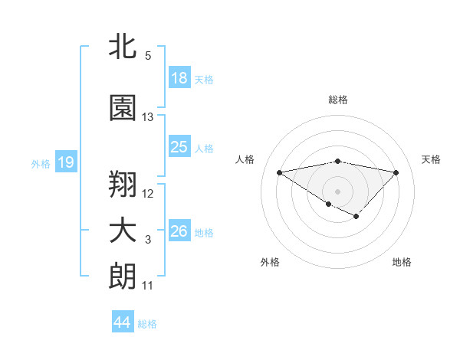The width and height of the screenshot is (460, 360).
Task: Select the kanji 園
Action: point(123,109)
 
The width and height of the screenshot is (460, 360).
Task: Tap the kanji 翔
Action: point(123,183)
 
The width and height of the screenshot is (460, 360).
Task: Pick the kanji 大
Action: point(123,231)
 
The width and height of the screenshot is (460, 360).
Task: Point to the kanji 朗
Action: point(123,276)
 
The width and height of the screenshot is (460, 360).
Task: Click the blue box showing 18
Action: point(179,78)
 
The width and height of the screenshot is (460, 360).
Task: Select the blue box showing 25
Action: point(179,147)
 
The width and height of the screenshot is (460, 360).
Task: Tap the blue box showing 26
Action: point(179,231)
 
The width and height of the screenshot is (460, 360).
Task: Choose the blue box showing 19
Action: point(65,162)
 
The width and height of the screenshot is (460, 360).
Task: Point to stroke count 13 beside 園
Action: point(148,117)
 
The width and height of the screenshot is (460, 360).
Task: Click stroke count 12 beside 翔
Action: point(148,193)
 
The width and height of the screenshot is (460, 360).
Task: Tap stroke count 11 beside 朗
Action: point(148,286)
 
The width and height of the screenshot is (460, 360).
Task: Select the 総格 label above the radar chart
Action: point(338,100)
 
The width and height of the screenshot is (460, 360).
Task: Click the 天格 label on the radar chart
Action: point(431,159)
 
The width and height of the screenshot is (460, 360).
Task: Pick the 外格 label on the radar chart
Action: point(270,262)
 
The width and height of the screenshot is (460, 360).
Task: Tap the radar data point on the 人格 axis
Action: point(280,172)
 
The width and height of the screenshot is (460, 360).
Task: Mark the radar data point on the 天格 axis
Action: point(396,172)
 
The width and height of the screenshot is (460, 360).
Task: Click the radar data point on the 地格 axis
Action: point(356,217)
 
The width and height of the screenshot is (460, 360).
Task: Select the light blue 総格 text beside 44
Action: point(147,324)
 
